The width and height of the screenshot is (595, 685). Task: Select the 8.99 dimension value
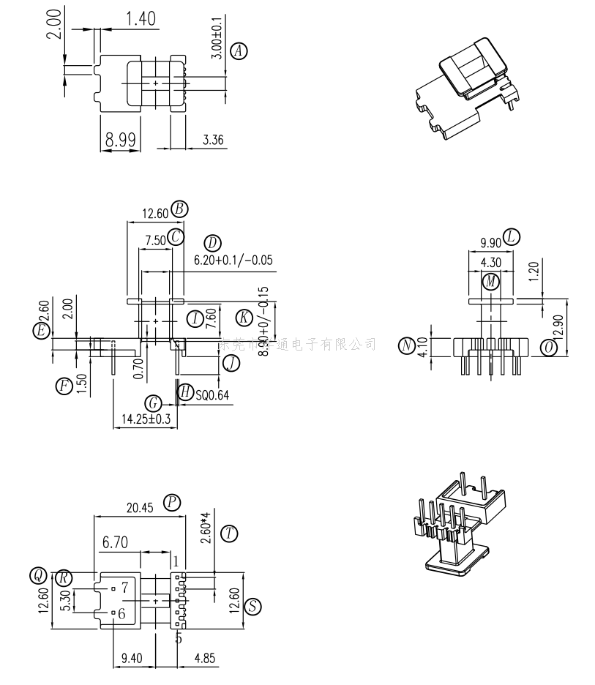[121, 140]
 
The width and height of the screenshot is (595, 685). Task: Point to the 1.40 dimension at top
[141, 19]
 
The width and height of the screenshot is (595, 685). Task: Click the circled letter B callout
[179, 209]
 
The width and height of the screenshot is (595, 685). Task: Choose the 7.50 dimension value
[154, 239]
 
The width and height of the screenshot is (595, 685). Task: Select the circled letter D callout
[212, 243]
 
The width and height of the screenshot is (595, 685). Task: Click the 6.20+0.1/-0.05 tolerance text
[233, 260]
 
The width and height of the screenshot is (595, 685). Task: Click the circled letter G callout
[154, 403]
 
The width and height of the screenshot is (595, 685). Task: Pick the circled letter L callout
[512, 236]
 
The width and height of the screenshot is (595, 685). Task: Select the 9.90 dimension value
[490, 242]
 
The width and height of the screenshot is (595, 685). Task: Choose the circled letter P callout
[172, 501]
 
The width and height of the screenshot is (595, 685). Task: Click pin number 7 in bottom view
[124, 586]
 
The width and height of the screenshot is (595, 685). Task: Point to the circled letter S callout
[253, 606]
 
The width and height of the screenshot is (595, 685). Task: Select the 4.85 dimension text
[203, 659]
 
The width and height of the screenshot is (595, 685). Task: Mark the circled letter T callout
[231, 534]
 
